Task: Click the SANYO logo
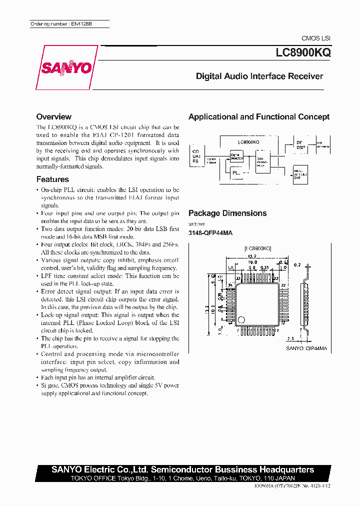point(65,67)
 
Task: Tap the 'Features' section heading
point(52,179)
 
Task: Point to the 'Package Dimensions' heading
point(227,213)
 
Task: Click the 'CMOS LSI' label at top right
point(315,38)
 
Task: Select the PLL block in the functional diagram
point(236,172)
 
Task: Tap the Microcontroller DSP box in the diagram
point(300,173)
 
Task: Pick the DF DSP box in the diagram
point(300,145)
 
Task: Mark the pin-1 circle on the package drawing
point(241,320)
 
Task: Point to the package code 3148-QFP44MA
point(210,233)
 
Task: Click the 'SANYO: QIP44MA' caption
point(306,348)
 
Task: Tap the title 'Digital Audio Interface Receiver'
point(259,76)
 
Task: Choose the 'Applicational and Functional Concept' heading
point(258,116)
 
